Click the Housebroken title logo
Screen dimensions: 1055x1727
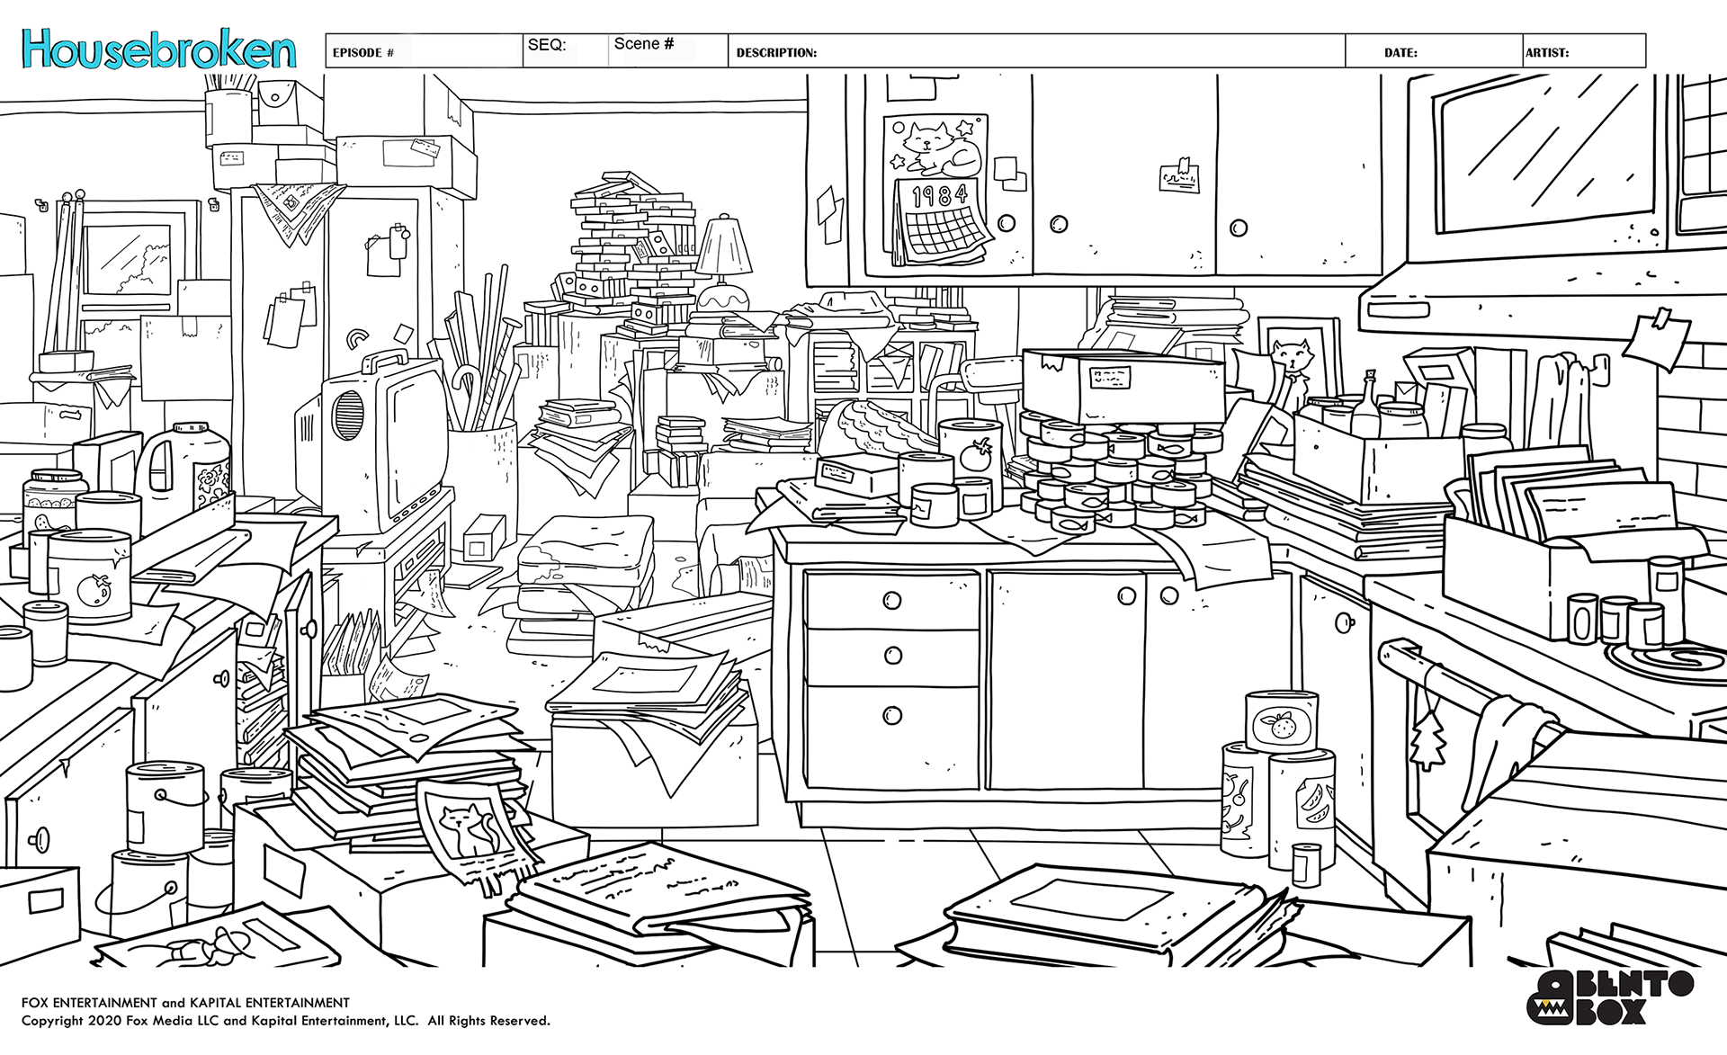[159, 50]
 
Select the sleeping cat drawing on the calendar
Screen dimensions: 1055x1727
[939, 148]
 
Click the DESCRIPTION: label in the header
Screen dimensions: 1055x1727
[776, 53]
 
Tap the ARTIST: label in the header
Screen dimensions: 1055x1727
[1546, 53]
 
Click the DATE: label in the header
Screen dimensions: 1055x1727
[1400, 53]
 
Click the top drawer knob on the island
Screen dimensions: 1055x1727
[891, 600]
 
